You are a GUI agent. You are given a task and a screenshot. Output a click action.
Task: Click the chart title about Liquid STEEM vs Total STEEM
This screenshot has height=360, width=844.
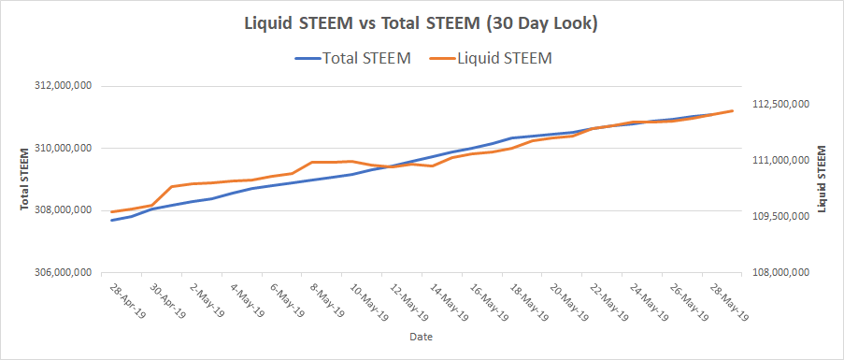[421, 24]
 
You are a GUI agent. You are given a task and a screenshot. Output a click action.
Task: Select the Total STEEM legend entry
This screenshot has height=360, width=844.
[353, 59]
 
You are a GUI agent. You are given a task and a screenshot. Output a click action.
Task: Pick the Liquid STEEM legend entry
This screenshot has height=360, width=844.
[492, 59]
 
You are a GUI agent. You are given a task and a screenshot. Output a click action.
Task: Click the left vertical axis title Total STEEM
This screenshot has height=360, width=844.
[24, 179]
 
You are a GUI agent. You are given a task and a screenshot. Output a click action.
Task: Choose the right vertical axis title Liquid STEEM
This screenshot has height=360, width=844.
[822, 179]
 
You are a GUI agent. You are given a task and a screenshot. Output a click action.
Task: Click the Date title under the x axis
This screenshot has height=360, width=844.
[421, 338]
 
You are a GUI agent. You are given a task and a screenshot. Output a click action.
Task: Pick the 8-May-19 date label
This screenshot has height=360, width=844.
[328, 298]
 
